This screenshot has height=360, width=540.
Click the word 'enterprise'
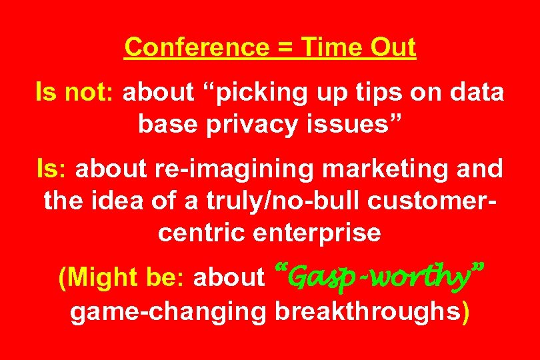[315, 233]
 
